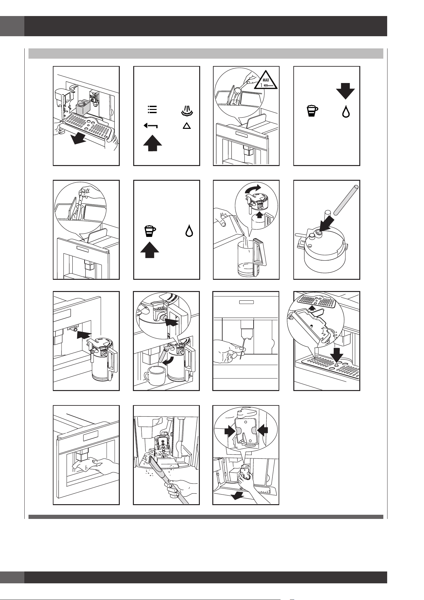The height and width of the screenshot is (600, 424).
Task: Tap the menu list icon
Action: pos(152,109)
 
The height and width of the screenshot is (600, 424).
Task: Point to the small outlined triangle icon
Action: pos(187,126)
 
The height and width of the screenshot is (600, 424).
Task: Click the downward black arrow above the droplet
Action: pos(345,91)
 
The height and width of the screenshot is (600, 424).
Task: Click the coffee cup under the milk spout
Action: pos(153,378)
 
